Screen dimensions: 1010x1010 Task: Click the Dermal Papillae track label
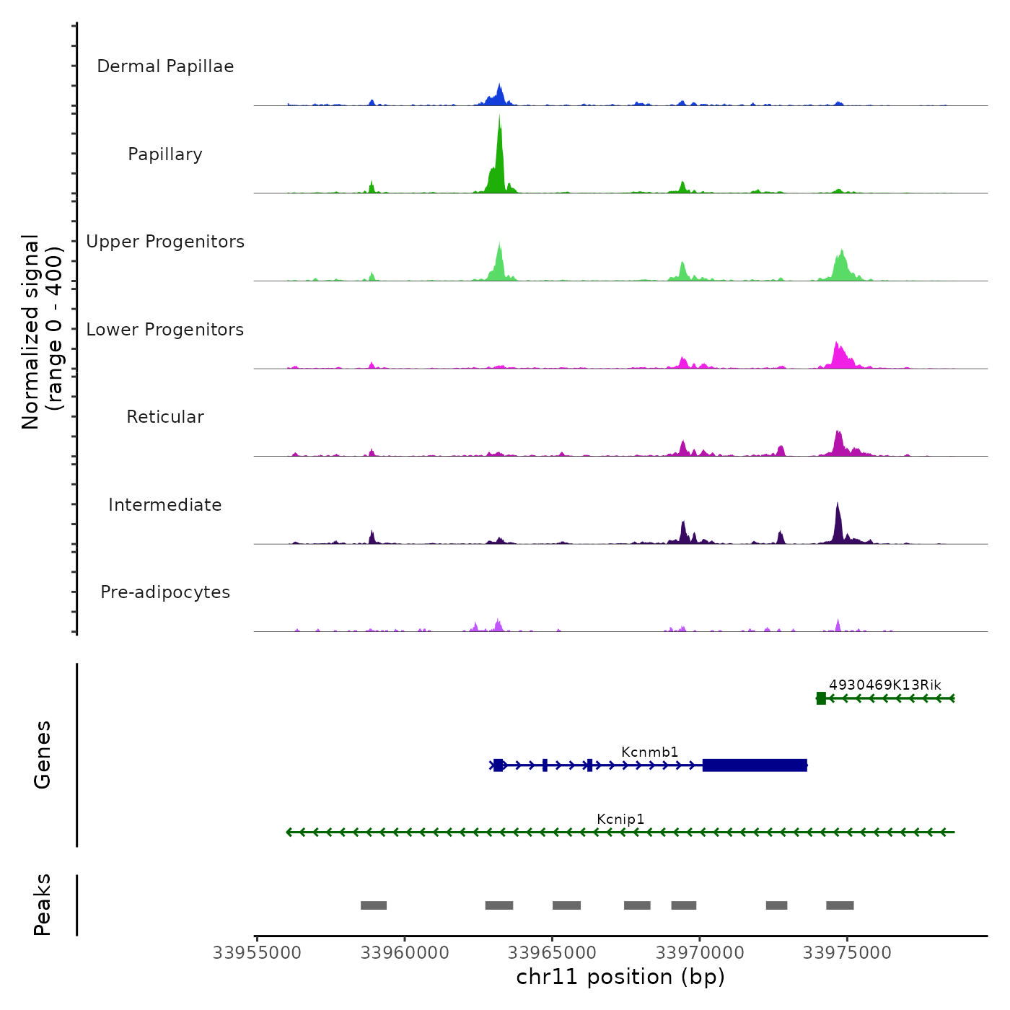pyautogui.click(x=165, y=66)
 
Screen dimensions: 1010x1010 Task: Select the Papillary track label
pyautogui.click(x=165, y=154)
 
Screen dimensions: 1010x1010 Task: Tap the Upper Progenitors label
pyautogui.click(x=165, y=242)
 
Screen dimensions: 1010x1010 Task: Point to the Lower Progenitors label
pyautogui.click(x=165, y=330)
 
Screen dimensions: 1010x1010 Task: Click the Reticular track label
pyautogui.click(x=165, y=417)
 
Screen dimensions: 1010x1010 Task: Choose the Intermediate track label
pyautogui.click(x=165, y=505)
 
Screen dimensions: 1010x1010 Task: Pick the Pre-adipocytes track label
pyautogui.click(x=165, y=592)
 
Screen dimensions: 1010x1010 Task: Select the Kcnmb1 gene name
pyautogui.click(x=649, y=752)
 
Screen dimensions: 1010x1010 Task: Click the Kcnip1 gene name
pyautogui.click(x=620, y=820)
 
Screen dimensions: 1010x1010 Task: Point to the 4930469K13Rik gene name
pyautogui.click(x=884, y=685)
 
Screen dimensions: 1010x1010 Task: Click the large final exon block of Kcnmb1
pyautogui.click(x=755, y=765)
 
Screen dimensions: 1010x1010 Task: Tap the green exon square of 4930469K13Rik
pyautogui.click(x=821, y=698)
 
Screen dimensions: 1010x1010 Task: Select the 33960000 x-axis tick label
pyautogui.click(x=405, y=953)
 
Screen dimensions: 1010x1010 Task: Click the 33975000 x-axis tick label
pyautogui.click(x=847, y=953)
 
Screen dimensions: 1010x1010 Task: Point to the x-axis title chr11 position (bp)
pyautogui.click(x=620, y=977)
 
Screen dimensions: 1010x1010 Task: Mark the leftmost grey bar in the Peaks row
pyautogui.click(x=374, y=905)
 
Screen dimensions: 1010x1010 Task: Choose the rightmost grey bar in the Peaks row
pyautogui.click(x=840, y=905)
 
